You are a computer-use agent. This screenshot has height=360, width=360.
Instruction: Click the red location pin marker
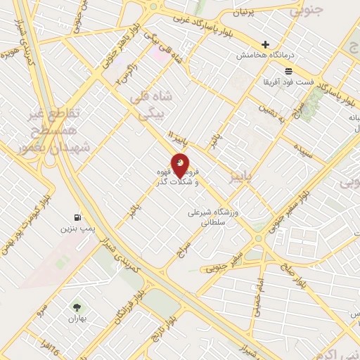pos(180,165)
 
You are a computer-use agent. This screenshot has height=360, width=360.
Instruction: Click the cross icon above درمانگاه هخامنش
pos(265,44)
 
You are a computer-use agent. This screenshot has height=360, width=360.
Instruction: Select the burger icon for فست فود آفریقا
pos(288,71)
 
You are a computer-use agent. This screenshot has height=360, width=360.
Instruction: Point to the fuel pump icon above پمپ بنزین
pos(77,217)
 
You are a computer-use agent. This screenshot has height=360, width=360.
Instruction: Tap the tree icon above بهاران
pos(76,307)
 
